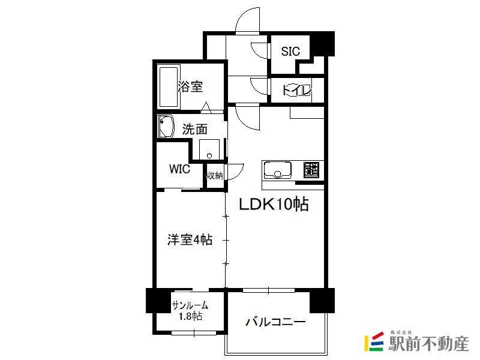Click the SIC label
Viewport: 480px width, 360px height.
click(x=290, y=52)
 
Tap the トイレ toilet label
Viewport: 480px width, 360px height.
click(x=296, y=91)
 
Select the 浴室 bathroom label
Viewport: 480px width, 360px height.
click(x=190, y=86)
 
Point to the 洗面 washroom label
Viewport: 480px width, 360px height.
click(x=195, y=128)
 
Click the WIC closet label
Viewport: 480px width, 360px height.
click(x=179, y=169)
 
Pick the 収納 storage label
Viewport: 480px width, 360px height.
click(x=215, y=176)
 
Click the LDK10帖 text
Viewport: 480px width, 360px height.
click(x=274, y=205)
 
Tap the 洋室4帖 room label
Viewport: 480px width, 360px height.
click(x=190, y=239)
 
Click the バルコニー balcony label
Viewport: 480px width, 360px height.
click(x=275, y=322)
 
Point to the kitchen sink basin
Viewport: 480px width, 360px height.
click(x=278, y=170)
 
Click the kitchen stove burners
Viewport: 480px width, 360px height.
click(x=311, y=170)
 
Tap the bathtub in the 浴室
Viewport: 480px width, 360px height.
click(x=167, y=86)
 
